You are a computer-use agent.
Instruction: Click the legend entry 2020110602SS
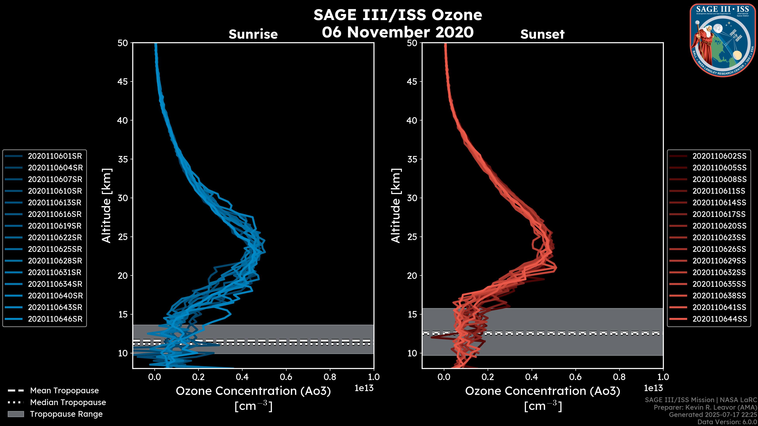[719, 156]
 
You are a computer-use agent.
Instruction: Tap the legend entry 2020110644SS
[719, 319]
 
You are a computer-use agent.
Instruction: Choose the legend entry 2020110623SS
[719, 237]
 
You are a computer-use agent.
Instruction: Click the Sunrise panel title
[253, 34]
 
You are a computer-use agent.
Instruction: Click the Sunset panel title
[542, 34]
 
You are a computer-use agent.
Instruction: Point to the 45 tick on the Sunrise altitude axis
[123, 81]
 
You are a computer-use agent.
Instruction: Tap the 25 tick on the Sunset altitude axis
[412, 237]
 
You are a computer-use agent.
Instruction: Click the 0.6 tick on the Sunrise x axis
[286, 377]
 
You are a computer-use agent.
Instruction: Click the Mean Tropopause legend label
[64, 391]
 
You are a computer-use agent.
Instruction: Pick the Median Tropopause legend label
[68, 403]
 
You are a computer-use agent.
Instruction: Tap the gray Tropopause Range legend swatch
[16, 414]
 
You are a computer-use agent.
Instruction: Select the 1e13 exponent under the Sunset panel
[653, 388]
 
